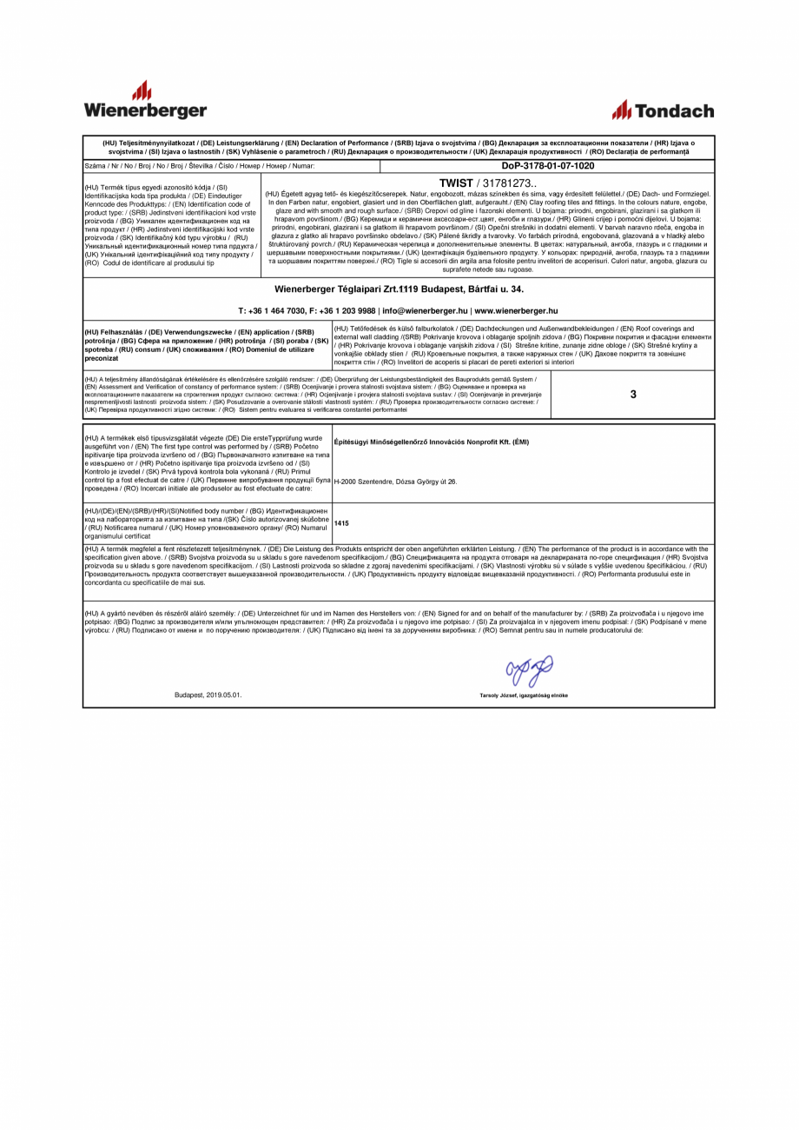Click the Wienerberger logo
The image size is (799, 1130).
145,101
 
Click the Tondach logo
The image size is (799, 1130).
663,110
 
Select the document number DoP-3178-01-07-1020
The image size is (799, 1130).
548,165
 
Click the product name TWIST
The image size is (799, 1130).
456,183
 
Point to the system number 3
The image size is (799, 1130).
633,395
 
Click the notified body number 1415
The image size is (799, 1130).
341,524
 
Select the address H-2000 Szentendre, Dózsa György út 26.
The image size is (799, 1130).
395,482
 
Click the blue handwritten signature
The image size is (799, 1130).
529,671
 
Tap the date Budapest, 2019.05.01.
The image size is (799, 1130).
208,695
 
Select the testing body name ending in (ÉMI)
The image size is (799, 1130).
431,442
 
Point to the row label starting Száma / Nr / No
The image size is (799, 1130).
199,165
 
